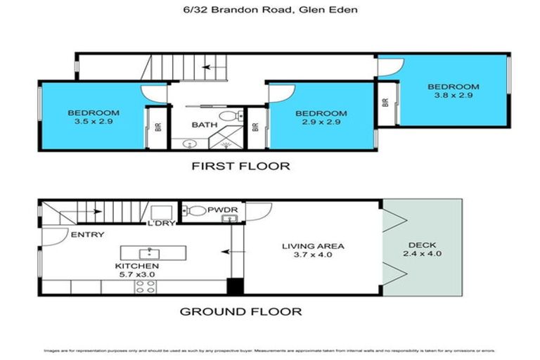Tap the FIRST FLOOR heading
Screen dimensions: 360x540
click(x=241, y=167)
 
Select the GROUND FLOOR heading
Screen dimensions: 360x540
click(x=241, y=311)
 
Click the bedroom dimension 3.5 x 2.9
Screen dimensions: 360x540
click(x=93, y=122)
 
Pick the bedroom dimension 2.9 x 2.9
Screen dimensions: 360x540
click(x=321, y=122)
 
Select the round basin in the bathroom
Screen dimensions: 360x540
click(x=188, y=143)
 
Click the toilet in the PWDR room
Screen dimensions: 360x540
click(x=196, y=210)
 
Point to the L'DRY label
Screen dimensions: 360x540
click(x=160, y=224)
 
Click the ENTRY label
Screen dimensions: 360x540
click(x=87, y=234)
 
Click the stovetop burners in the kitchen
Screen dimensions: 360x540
click(x=145, y=286)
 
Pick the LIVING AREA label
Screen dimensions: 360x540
click(x=312, y=246)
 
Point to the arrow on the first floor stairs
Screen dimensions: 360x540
click(x=208, y=67)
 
